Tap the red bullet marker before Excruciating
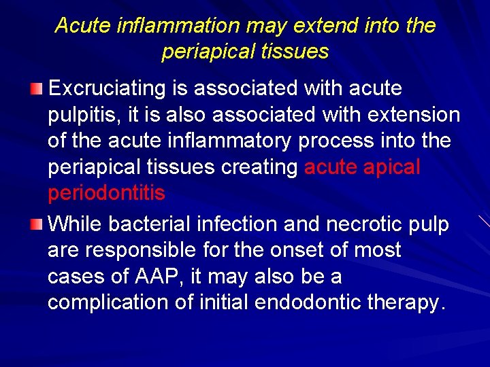point(38,89)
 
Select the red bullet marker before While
point(38,224)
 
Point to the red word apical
point(393,167)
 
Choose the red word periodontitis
point(106,193)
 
